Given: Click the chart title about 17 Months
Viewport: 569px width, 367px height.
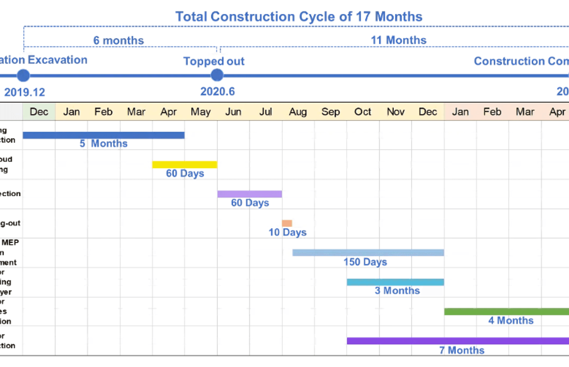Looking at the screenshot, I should [299, 17].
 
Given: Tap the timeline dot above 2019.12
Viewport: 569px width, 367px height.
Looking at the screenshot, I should [23, 75].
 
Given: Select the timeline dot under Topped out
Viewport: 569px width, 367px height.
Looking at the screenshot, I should [217, 75].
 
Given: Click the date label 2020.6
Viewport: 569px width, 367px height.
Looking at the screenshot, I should [217, 92].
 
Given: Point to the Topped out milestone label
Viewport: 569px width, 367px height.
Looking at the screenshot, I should [214, 61].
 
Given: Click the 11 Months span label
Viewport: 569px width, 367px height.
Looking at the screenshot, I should [398, 40].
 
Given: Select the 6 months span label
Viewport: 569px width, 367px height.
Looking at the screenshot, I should [119, 40].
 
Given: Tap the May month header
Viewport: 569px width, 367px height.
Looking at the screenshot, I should [201, 112].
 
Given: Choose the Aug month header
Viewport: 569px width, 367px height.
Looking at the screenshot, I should [298, 112].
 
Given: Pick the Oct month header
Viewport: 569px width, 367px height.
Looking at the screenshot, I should [363, 112].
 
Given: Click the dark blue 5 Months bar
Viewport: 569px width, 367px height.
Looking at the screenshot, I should [104, 135].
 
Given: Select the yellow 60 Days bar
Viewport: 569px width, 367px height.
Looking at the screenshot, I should [185, 165].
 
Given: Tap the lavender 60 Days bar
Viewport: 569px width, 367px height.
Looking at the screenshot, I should [249, 194].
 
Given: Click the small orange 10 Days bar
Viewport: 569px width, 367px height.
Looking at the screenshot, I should [287, 223].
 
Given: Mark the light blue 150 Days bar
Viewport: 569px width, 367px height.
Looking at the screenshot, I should [368, 253].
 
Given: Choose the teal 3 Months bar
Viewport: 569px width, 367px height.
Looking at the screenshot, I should [395, 282].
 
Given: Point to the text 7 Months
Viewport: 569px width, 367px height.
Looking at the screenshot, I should [462, 350].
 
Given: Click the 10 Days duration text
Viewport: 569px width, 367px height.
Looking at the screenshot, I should [287, 233].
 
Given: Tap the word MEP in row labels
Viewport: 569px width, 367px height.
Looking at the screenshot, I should [10, 242].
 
